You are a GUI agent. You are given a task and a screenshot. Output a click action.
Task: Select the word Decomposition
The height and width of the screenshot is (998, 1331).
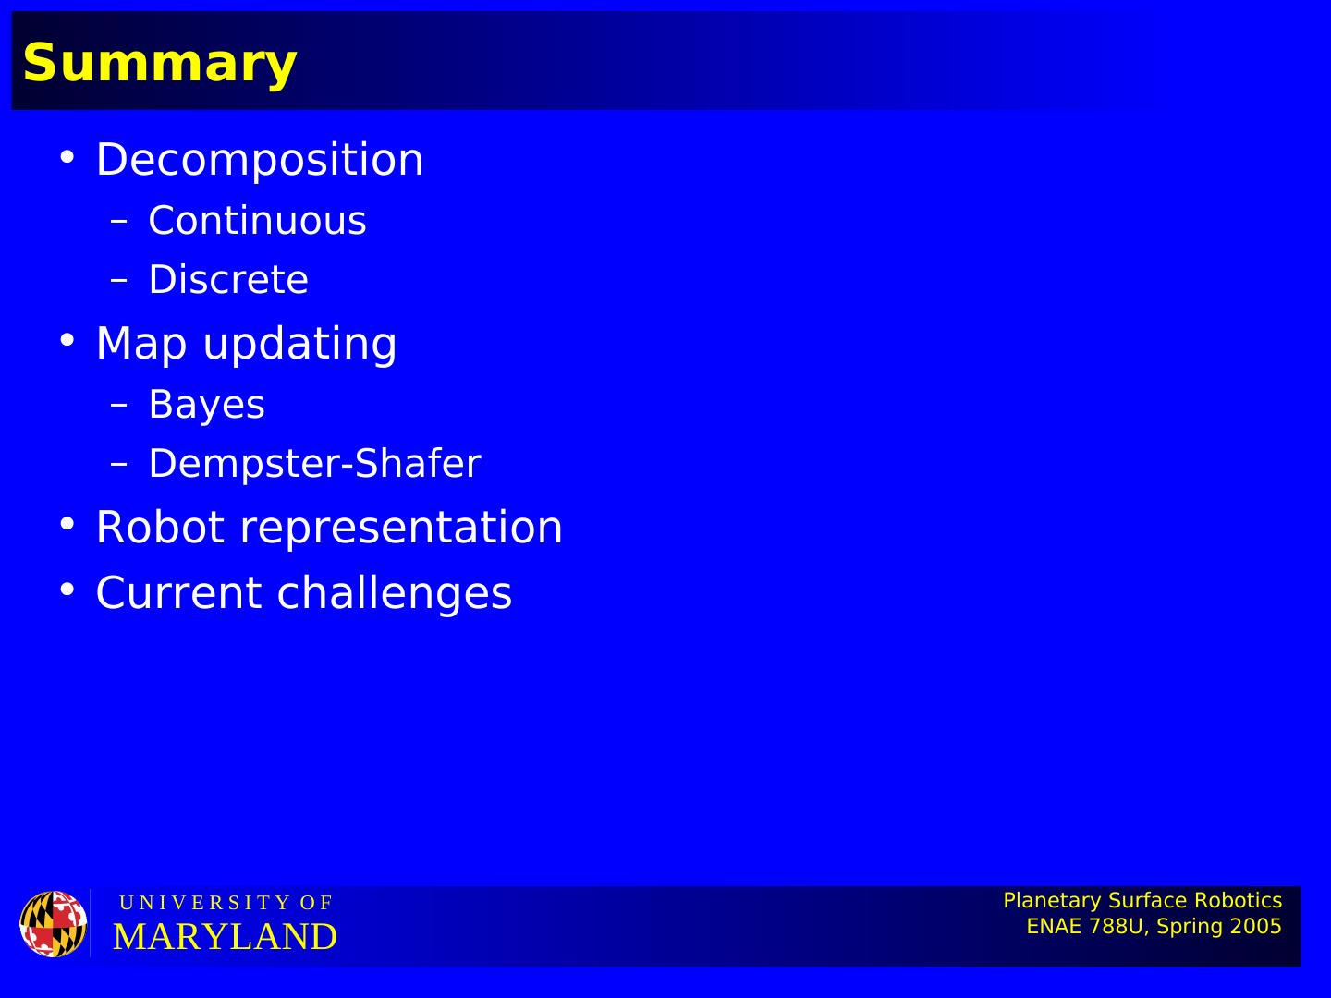[260, 159]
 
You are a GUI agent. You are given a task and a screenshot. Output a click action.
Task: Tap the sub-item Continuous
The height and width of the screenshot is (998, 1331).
[257, 220]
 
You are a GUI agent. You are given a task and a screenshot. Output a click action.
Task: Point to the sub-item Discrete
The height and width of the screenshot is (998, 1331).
[228, 279]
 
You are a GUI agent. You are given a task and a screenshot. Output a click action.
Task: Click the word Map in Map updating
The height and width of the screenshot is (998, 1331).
[141, 344]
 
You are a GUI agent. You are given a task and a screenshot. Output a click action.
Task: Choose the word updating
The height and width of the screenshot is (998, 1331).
[299, 344]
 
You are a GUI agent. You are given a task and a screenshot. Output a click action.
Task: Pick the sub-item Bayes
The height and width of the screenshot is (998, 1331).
[207, 405]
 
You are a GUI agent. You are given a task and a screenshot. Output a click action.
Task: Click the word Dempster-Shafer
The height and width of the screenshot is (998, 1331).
[314, 464]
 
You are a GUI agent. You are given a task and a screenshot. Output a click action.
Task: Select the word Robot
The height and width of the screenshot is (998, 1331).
[161, 527]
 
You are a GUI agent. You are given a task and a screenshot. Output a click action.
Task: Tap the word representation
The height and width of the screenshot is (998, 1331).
[401, 529]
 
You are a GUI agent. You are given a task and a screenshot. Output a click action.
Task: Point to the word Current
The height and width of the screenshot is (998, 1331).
[179, 592]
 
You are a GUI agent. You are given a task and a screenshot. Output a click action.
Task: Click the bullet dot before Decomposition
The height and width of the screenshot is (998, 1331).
[67, 157]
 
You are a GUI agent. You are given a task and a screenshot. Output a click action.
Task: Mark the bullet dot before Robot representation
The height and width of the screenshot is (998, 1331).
[67, 524]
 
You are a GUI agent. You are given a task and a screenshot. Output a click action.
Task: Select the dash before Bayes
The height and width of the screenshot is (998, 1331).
[119, 405]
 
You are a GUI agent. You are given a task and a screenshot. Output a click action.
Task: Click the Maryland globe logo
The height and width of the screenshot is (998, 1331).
[54, 923]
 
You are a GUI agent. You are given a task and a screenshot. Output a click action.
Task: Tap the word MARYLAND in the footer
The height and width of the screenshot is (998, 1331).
[225, 937]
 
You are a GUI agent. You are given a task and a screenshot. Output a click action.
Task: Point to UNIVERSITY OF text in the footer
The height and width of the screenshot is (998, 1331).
[226, 903]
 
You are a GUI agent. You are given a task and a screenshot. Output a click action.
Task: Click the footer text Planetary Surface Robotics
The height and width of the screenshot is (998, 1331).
[1142, 901]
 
